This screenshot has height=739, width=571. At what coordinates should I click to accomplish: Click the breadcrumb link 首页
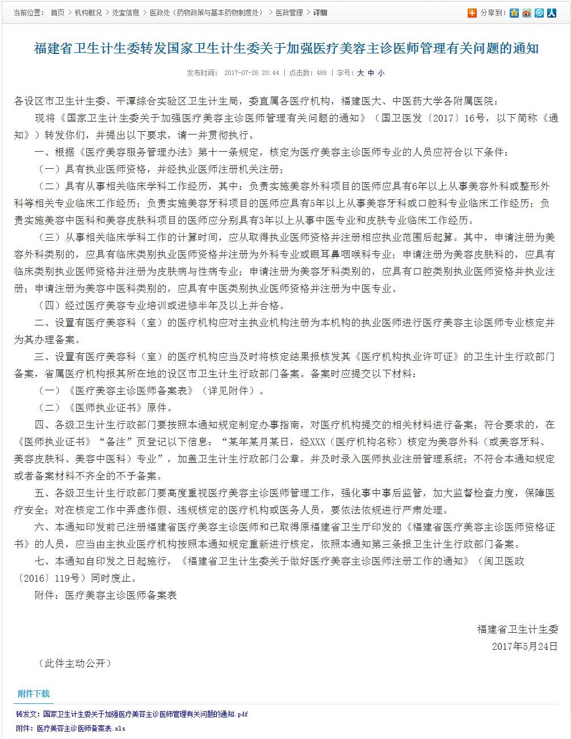click(57, 12)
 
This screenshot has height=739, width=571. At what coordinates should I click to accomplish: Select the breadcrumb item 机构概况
click(86, 12)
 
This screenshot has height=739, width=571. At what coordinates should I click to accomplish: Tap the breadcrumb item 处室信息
click(125, 12)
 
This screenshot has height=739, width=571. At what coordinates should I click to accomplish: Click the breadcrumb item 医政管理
click(289, 12)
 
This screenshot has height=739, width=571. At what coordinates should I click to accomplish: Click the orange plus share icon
click(472, 13)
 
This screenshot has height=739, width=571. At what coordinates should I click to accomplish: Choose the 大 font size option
click(360, 73)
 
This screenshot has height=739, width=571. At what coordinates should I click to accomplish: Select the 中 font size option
click(371, 73)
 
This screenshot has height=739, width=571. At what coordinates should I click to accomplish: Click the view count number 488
click(321, 73)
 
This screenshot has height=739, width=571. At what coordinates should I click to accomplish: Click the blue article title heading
click(285, 48)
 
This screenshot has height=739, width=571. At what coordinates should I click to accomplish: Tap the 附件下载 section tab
click(33, 694)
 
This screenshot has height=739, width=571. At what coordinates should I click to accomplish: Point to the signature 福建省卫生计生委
click(517, 629)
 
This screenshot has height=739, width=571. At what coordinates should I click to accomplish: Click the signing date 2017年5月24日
click(524, 646)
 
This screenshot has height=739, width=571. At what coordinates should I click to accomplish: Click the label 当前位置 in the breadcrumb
click(28, 12)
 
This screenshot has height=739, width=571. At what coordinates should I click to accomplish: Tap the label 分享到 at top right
click(493, 13)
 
